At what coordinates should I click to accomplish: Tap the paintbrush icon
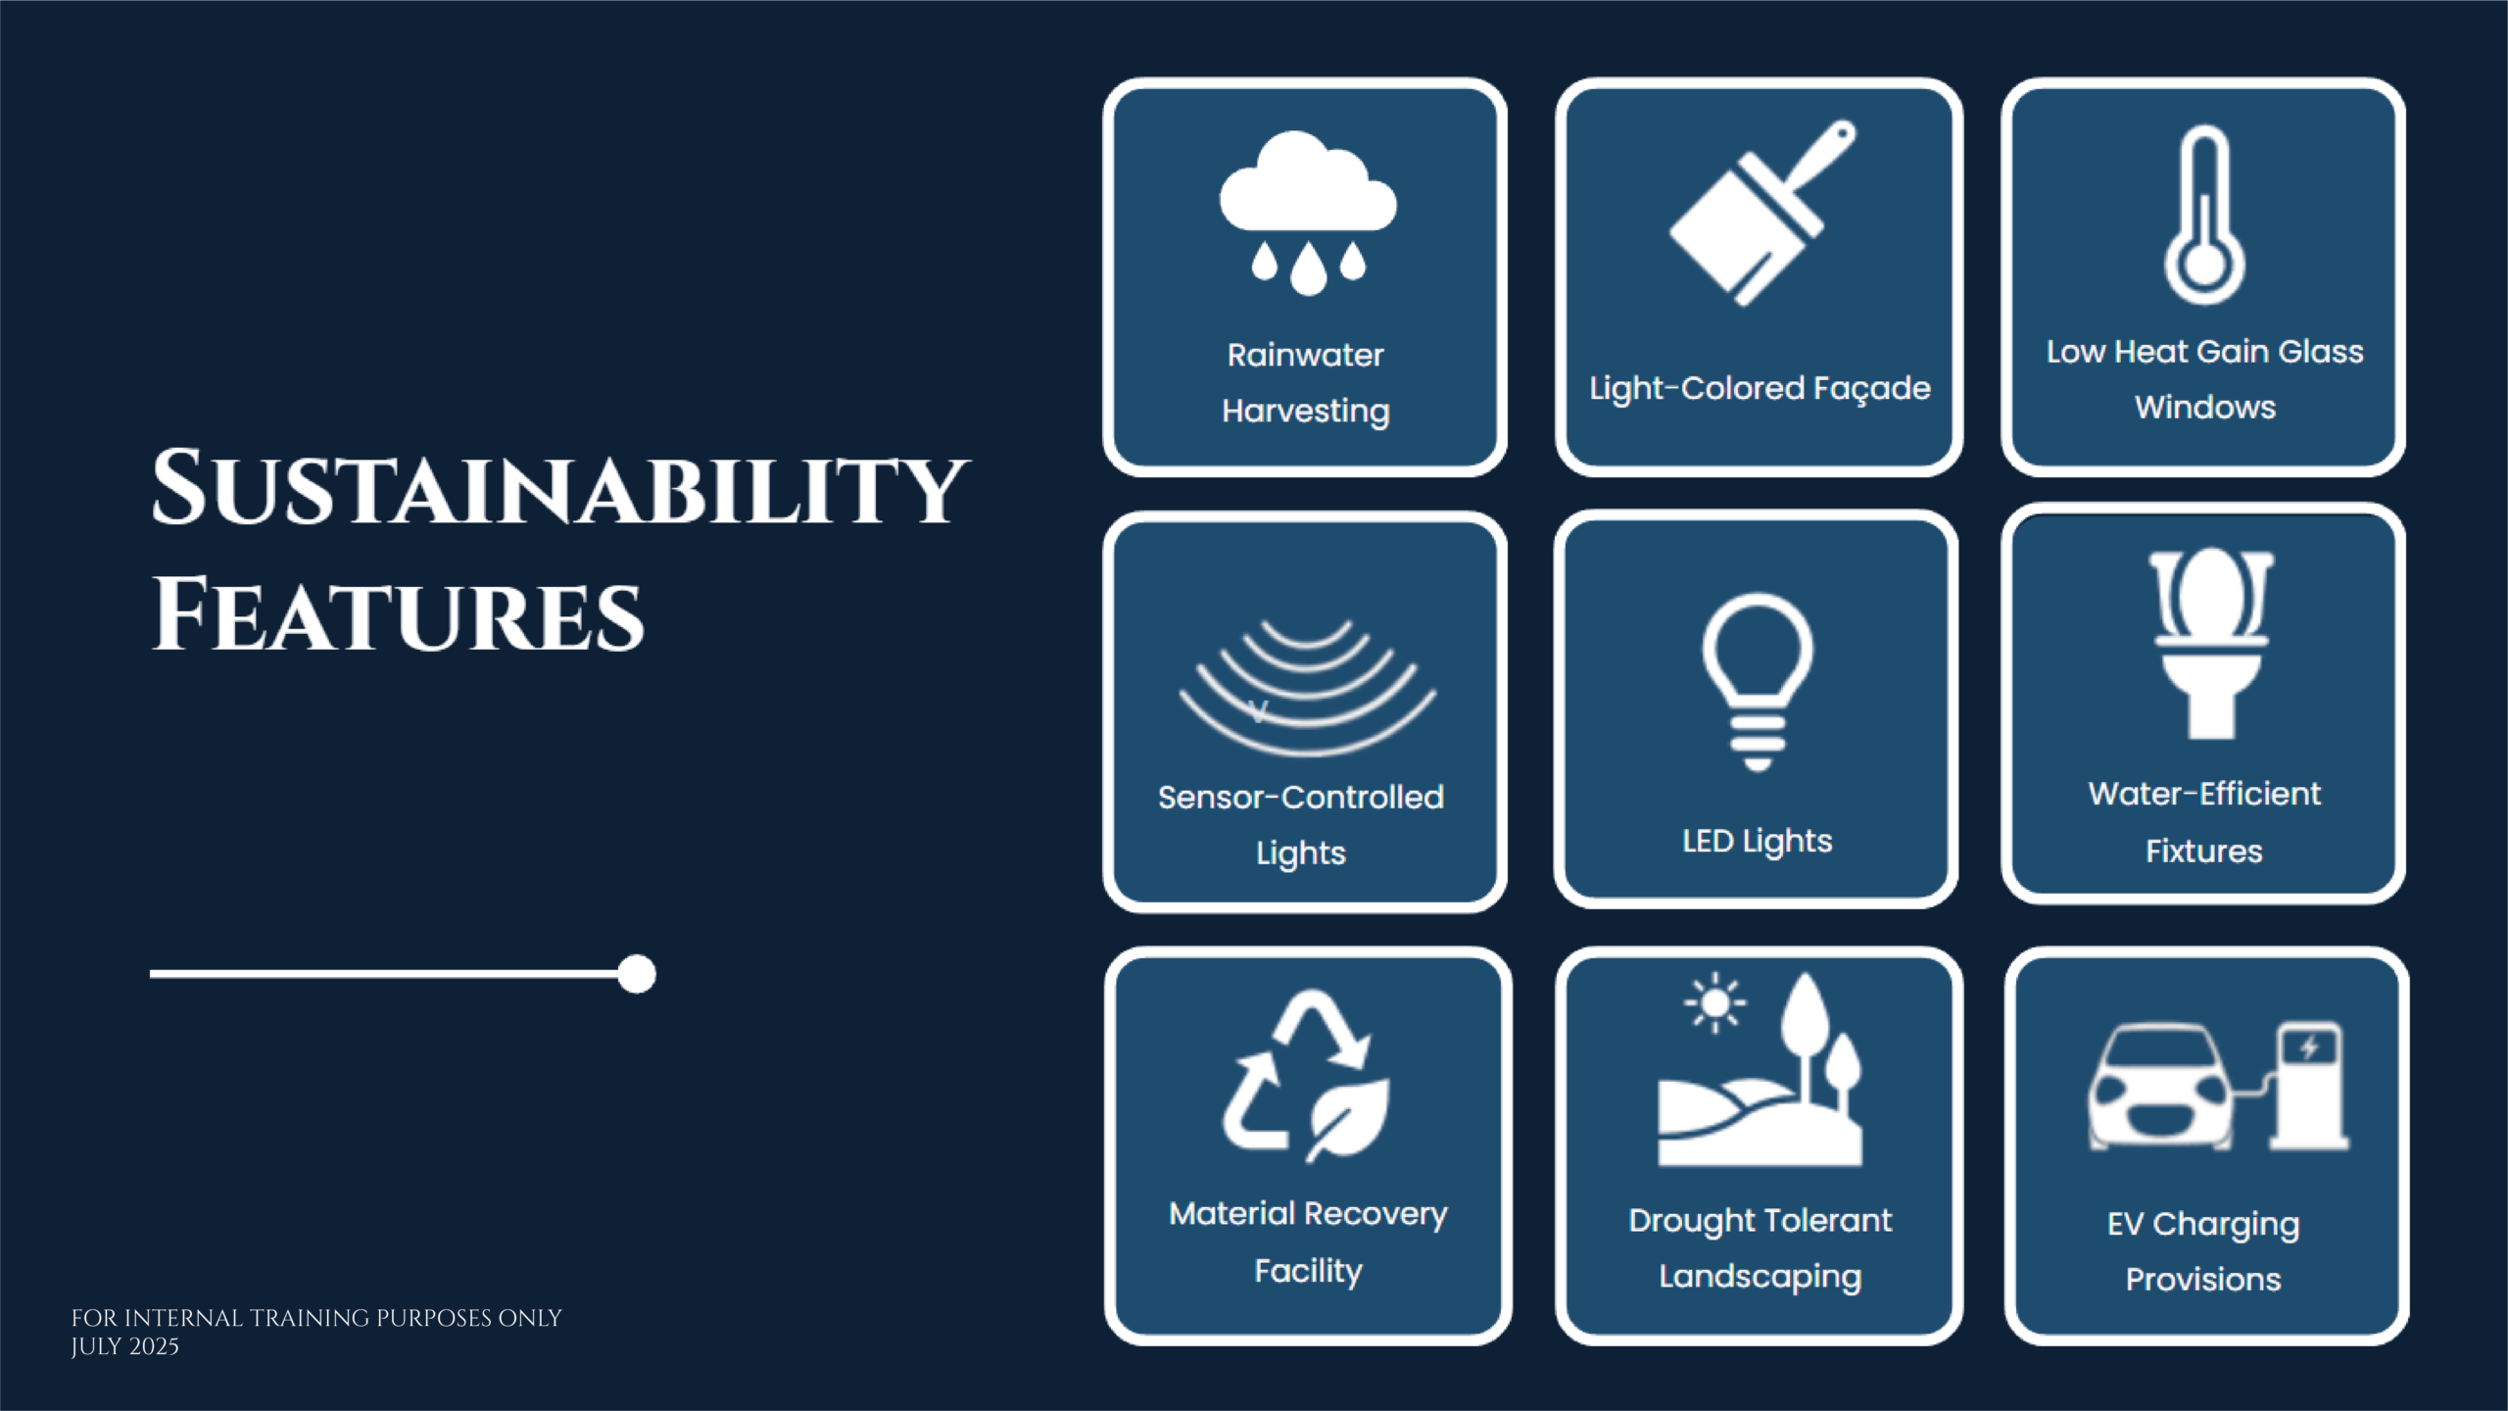(1761, 213)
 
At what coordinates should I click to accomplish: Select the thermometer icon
(2204, 215)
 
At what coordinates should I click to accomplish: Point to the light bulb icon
(1758, 682)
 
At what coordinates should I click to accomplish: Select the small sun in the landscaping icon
(1714, 1002)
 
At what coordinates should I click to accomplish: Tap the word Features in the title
(398, 614)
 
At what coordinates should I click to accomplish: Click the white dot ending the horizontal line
(637, 974)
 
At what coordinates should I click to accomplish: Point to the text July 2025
(124, 1346)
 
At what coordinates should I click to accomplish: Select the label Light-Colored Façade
(1760, 389)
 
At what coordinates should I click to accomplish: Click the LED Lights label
(1757, 842)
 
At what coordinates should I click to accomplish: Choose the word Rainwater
(1306, 355)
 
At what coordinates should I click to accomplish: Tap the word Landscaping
(1760, 1277)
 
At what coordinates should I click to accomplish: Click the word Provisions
(2203, 1280)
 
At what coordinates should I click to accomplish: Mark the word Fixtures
(2204, 851)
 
